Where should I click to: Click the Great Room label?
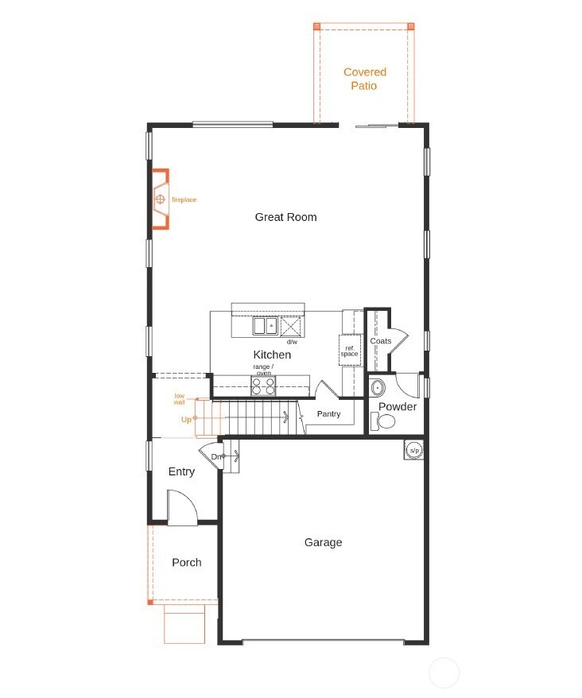285,217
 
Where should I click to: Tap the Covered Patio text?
364,79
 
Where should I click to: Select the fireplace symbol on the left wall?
161,199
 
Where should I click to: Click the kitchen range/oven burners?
263,386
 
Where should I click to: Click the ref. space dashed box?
350,350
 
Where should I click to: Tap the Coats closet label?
380,341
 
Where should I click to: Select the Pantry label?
328,414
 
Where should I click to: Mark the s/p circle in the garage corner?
413,450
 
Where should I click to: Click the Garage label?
323,542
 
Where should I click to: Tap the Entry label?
181,471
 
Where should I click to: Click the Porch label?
187,562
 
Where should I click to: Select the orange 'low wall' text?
180,399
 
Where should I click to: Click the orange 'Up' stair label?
186,419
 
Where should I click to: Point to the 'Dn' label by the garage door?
215,456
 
